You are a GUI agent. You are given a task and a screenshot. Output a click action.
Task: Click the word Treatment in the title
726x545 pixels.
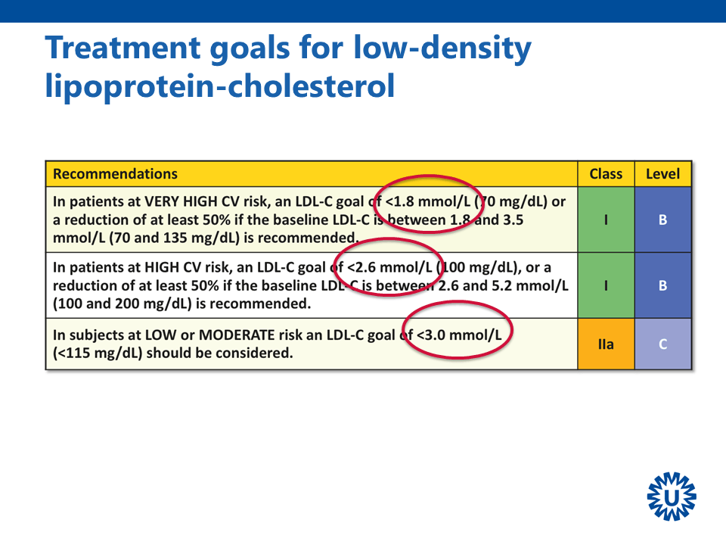click(123, 48)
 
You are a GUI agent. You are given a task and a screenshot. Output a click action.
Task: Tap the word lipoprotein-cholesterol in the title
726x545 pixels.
click(220, 86)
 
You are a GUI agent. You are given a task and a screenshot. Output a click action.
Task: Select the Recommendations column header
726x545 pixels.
click(115, 174)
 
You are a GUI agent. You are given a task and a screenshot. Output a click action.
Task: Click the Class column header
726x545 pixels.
click(606, 174)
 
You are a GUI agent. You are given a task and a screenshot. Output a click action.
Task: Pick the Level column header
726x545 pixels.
click(662, 174)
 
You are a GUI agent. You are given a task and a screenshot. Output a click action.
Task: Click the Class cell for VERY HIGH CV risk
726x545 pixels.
click(606, 220)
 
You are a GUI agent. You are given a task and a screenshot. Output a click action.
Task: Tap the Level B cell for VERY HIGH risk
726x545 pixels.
click(662, 220)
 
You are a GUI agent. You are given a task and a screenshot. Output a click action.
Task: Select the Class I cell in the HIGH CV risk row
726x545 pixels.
click(606, 285)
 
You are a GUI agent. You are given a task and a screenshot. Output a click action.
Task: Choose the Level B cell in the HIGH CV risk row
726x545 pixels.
click(662, 285)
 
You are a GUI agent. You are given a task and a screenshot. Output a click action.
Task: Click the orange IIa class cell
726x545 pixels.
click(606, 344)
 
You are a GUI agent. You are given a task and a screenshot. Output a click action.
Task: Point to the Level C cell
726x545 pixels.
click(662, 344)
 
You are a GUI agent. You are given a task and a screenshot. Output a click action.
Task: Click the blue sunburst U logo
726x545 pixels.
click(672, 497)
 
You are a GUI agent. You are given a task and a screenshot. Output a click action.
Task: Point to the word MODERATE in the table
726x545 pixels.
click(237, 335)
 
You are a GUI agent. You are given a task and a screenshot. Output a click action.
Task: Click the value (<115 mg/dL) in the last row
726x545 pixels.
click(98, 353)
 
